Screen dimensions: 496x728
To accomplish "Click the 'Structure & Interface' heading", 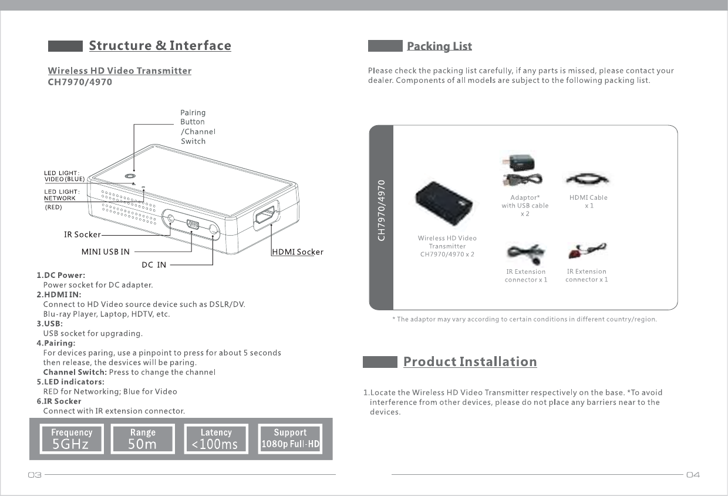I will click(x=160, y=46).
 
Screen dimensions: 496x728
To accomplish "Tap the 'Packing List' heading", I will click(x=439, y=46).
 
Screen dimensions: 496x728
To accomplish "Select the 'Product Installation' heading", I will click(x=470, y=362).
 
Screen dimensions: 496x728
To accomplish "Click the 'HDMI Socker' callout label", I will click(x=298, y=252).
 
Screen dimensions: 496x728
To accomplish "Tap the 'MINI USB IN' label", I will click(x=106, y=252).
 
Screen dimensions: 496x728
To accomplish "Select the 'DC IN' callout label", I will click(x=154, y=264).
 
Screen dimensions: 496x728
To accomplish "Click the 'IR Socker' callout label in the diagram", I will click(x=82, y=234).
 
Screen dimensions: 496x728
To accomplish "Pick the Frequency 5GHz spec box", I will click(x=72, y=439).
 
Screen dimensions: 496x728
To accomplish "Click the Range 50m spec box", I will click(x=143, y=439).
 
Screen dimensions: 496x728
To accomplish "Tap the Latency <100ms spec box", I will click(x=215, y=439).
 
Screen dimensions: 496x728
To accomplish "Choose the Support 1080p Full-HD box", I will click(x=290, y=439).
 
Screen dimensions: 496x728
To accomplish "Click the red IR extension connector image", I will click(x=587, y=251).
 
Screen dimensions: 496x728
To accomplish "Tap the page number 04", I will click(x=693, y=475).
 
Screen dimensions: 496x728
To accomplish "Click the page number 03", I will click(x=34, y=475).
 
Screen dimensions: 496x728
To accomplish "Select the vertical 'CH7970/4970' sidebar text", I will click(x=382, y=210).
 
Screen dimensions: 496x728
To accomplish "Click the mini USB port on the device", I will click(x=192, y=225).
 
